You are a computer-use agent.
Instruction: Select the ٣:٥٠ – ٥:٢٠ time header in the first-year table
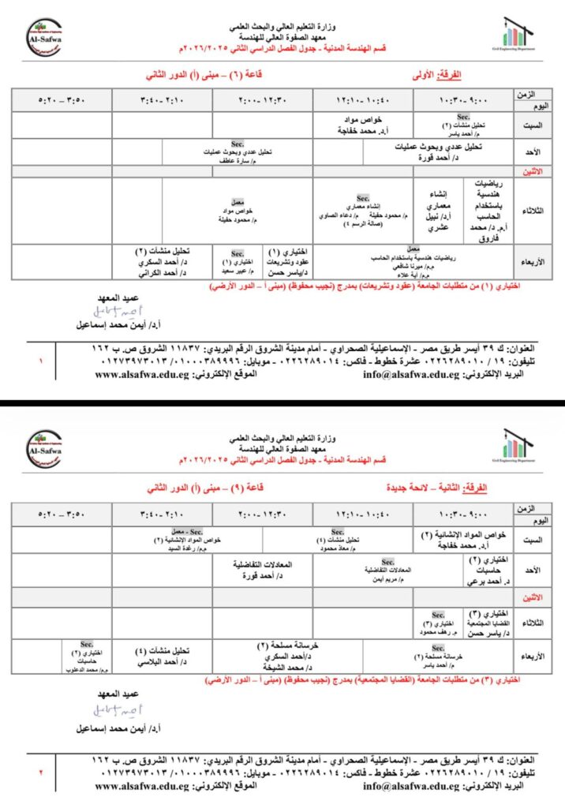62,101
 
